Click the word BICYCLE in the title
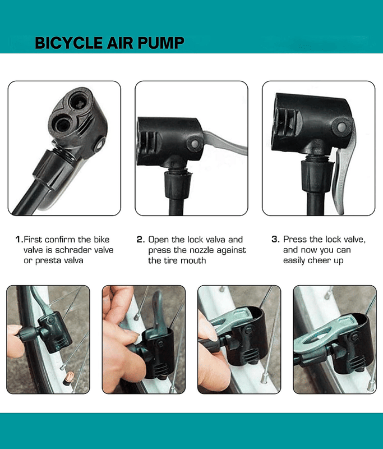(x=68, y=43)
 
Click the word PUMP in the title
(x=161, y=43)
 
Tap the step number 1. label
(x=19, y=240)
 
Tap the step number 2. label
(x=141, y=240)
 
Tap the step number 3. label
(x=275, y=239)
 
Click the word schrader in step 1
(x=73, y=250)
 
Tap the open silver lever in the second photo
(x=226, y=143)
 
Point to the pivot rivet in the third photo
(x=341, y=127)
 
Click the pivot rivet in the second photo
(x=195, y=143)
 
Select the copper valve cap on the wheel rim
(x=69, y=378)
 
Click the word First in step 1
(x=33, y=240)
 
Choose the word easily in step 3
(x=294, y=260)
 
